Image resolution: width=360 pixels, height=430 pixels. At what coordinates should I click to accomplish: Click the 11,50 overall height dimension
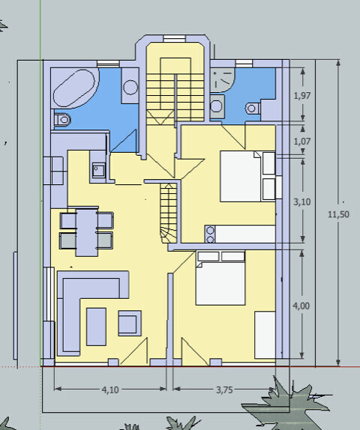click(x=338, y=214)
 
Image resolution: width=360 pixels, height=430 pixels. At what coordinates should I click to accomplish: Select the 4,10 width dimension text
click(x=110, y=390)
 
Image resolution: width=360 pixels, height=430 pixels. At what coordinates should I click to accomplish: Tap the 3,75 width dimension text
click(x=224, y=390)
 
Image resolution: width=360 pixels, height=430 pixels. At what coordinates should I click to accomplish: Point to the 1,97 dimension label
click(x=302, y=96)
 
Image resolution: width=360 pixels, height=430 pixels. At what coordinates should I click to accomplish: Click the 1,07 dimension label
click(x=302, y=142)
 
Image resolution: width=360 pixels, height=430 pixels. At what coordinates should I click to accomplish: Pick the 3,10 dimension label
click(x=302, y=202)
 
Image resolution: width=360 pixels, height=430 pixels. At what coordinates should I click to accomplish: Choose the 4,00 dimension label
click(x=301, y=306)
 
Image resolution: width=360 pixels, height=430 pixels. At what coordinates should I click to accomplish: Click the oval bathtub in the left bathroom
click(x=74, y=88)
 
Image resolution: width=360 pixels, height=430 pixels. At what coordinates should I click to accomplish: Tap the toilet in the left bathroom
click(x=62, y=120)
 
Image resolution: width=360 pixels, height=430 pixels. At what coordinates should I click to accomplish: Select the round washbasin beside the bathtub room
click(x=130, y=87)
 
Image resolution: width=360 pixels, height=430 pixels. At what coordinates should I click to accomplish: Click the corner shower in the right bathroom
click(x=223, y=80)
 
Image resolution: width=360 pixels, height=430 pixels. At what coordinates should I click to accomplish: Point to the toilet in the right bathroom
click(x=253, y=108)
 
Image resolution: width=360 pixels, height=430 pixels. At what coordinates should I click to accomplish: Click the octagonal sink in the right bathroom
click(x=216, y=106)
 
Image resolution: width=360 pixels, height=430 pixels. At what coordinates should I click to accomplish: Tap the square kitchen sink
click(x=98, y=170)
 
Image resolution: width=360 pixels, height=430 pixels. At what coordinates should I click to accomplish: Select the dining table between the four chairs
click(x=87, y=232)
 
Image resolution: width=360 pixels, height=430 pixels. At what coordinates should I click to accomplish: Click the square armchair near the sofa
click(x=130, y=323)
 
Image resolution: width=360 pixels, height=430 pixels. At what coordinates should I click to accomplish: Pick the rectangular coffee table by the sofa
click(x=96, y=327)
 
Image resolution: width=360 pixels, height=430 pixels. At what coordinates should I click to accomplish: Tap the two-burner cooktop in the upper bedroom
click(x=210, y=234)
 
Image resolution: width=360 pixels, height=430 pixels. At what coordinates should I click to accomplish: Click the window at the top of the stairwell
click(x=174, y=38)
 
